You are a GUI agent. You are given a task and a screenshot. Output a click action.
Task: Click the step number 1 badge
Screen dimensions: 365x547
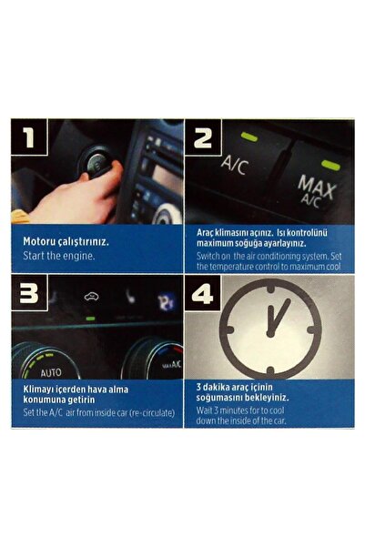tap(29, 137)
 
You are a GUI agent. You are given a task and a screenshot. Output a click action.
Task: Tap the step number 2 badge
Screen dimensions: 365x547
tap(203, 137)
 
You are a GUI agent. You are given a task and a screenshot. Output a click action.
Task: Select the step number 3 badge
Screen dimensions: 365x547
tap(29, 292)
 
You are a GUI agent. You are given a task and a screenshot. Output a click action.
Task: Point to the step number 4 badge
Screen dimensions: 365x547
tap(202, 293)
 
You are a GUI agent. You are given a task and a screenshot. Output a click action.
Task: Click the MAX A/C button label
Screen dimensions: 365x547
tap(317, 191)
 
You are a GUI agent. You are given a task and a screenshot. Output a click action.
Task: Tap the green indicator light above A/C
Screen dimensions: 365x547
tap(249, 137)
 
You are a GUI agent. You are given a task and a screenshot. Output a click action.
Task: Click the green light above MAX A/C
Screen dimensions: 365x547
tap(330, 165)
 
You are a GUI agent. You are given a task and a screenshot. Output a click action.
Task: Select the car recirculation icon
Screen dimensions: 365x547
tap(91, 296)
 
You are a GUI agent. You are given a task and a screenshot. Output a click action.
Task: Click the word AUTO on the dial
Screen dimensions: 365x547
tap(51, 372)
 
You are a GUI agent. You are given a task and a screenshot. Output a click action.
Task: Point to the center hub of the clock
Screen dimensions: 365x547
tap(270, 334)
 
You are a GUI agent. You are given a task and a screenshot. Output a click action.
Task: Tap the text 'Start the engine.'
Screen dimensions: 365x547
tap(58, 256)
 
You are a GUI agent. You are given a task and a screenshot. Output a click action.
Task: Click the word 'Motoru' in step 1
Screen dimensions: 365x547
tap(37, 241)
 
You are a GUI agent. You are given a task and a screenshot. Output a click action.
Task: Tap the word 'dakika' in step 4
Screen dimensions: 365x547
tap(217, 387)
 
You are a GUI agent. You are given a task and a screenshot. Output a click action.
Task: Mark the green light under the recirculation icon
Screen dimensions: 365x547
tap(90, 319)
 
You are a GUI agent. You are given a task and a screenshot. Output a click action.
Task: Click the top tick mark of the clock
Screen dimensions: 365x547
tap(270, 289)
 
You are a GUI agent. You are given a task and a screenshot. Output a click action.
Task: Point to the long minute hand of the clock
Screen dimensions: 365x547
tap(280, 316)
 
